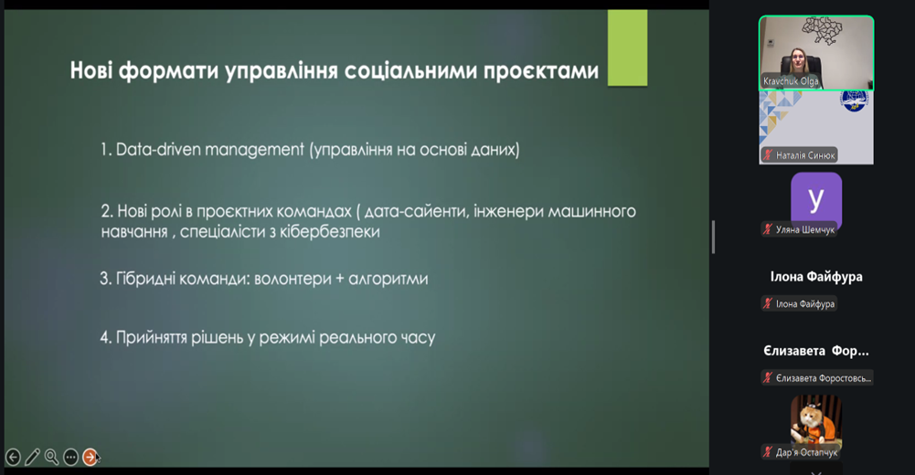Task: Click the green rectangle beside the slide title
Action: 627,47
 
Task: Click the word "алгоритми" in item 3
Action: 388,280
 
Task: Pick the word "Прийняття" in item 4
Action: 152,337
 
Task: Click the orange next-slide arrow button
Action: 90,457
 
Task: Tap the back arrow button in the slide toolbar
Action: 13,458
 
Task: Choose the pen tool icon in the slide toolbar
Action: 32,457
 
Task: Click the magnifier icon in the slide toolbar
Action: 51,457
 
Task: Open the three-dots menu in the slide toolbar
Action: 70,458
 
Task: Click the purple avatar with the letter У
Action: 815,198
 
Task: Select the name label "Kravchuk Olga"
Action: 791,81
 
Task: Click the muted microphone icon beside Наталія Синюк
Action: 768,155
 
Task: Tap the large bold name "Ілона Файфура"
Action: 816,277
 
